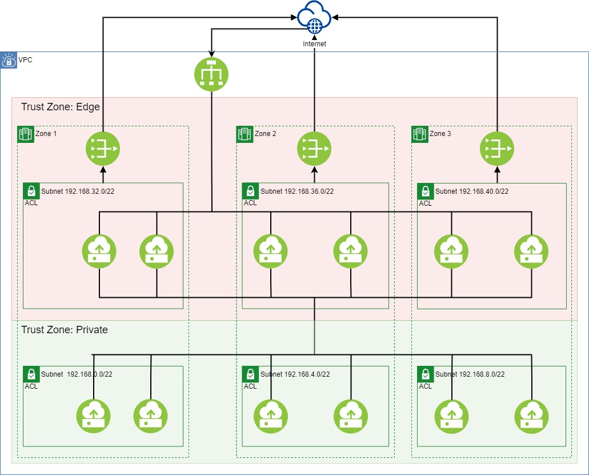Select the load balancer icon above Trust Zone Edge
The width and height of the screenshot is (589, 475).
[211, 74]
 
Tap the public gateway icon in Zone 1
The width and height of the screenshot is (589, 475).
[103, 149]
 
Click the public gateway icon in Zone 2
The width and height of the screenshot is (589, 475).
[314, 149]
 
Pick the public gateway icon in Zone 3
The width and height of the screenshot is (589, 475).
[497, 149]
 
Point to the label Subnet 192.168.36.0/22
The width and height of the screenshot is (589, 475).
[296, 191]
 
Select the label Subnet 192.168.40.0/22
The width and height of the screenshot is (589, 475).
[472, 191]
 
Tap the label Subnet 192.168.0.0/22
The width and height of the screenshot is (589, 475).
[77, 374]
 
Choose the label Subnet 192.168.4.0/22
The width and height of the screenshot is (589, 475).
[295, 374]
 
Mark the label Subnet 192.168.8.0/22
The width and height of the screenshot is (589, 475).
[470, 374]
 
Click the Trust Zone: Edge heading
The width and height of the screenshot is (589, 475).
[61, 107]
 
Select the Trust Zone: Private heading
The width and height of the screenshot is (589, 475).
[65, 330]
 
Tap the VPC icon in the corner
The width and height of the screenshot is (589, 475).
[8, 60]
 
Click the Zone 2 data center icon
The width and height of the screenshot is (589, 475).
[245, 134]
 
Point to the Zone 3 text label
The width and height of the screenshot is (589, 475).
[440, 134]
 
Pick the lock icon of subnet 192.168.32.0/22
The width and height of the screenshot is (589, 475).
[31, 191]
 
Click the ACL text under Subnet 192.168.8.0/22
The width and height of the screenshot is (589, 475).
[425, 386]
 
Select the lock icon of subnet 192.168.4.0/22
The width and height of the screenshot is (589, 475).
[250, 374]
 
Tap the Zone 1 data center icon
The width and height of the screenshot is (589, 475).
[25, 134]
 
